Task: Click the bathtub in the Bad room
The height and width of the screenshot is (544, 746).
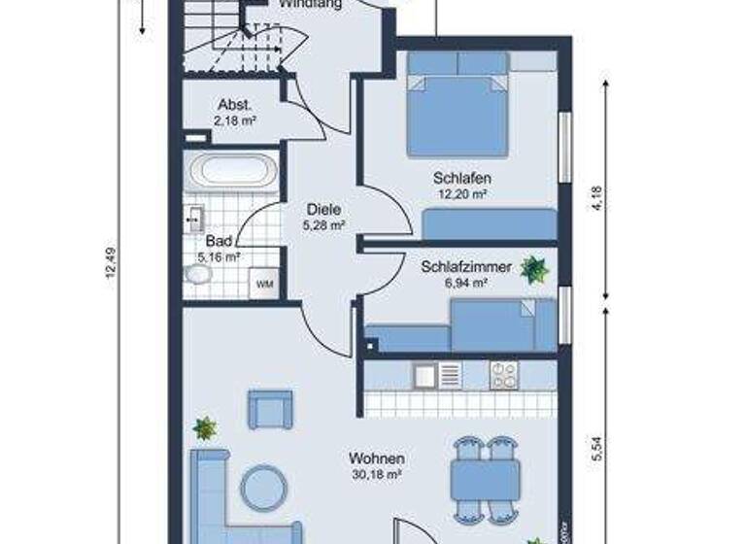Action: (233, 171)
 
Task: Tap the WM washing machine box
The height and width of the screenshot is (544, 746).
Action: (263, 284)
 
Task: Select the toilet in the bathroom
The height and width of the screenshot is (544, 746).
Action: (197, 275)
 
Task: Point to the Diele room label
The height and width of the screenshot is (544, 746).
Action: (322, 208)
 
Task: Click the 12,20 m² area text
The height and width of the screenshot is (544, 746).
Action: (461, 194)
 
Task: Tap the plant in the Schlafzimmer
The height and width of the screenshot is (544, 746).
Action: (533, 269)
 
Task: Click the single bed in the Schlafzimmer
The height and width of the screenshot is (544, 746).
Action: (500, 324)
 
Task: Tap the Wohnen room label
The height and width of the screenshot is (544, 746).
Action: (378, 459)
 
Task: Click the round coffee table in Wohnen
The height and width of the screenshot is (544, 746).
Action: (265, 488)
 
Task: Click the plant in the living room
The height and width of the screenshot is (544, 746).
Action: (205, 427)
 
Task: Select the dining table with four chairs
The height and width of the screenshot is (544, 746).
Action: (485, 479)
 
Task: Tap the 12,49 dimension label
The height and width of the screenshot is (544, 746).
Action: (110, 265)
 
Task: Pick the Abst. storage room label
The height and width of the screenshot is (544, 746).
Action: (236, 106)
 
